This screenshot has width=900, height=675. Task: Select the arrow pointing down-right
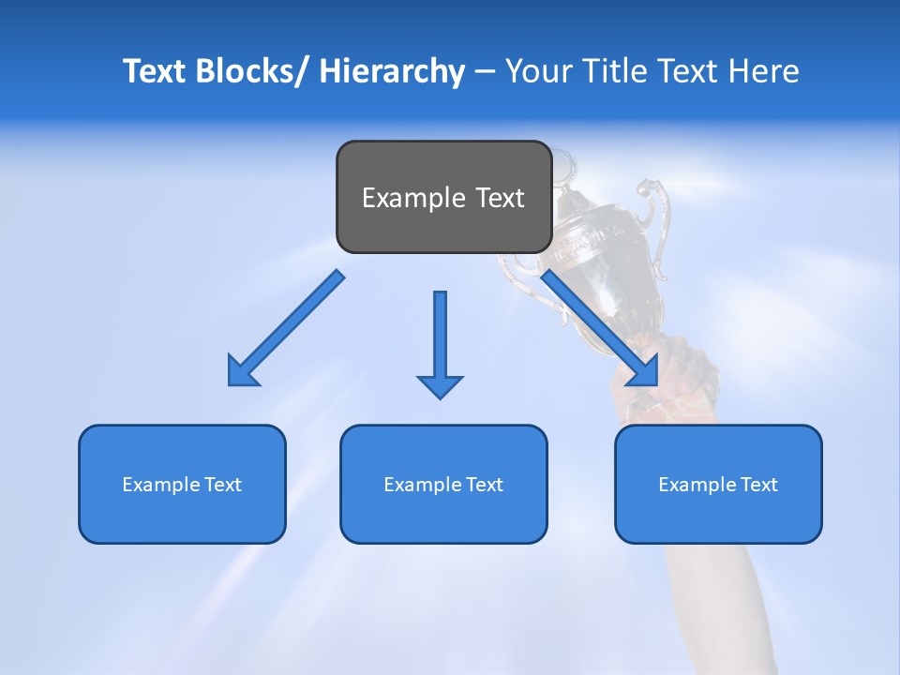600,328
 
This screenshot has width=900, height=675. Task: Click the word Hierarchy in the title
392,71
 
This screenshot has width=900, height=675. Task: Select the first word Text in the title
157,71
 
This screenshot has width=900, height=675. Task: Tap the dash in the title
484,72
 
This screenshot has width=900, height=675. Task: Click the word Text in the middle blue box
483,485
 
